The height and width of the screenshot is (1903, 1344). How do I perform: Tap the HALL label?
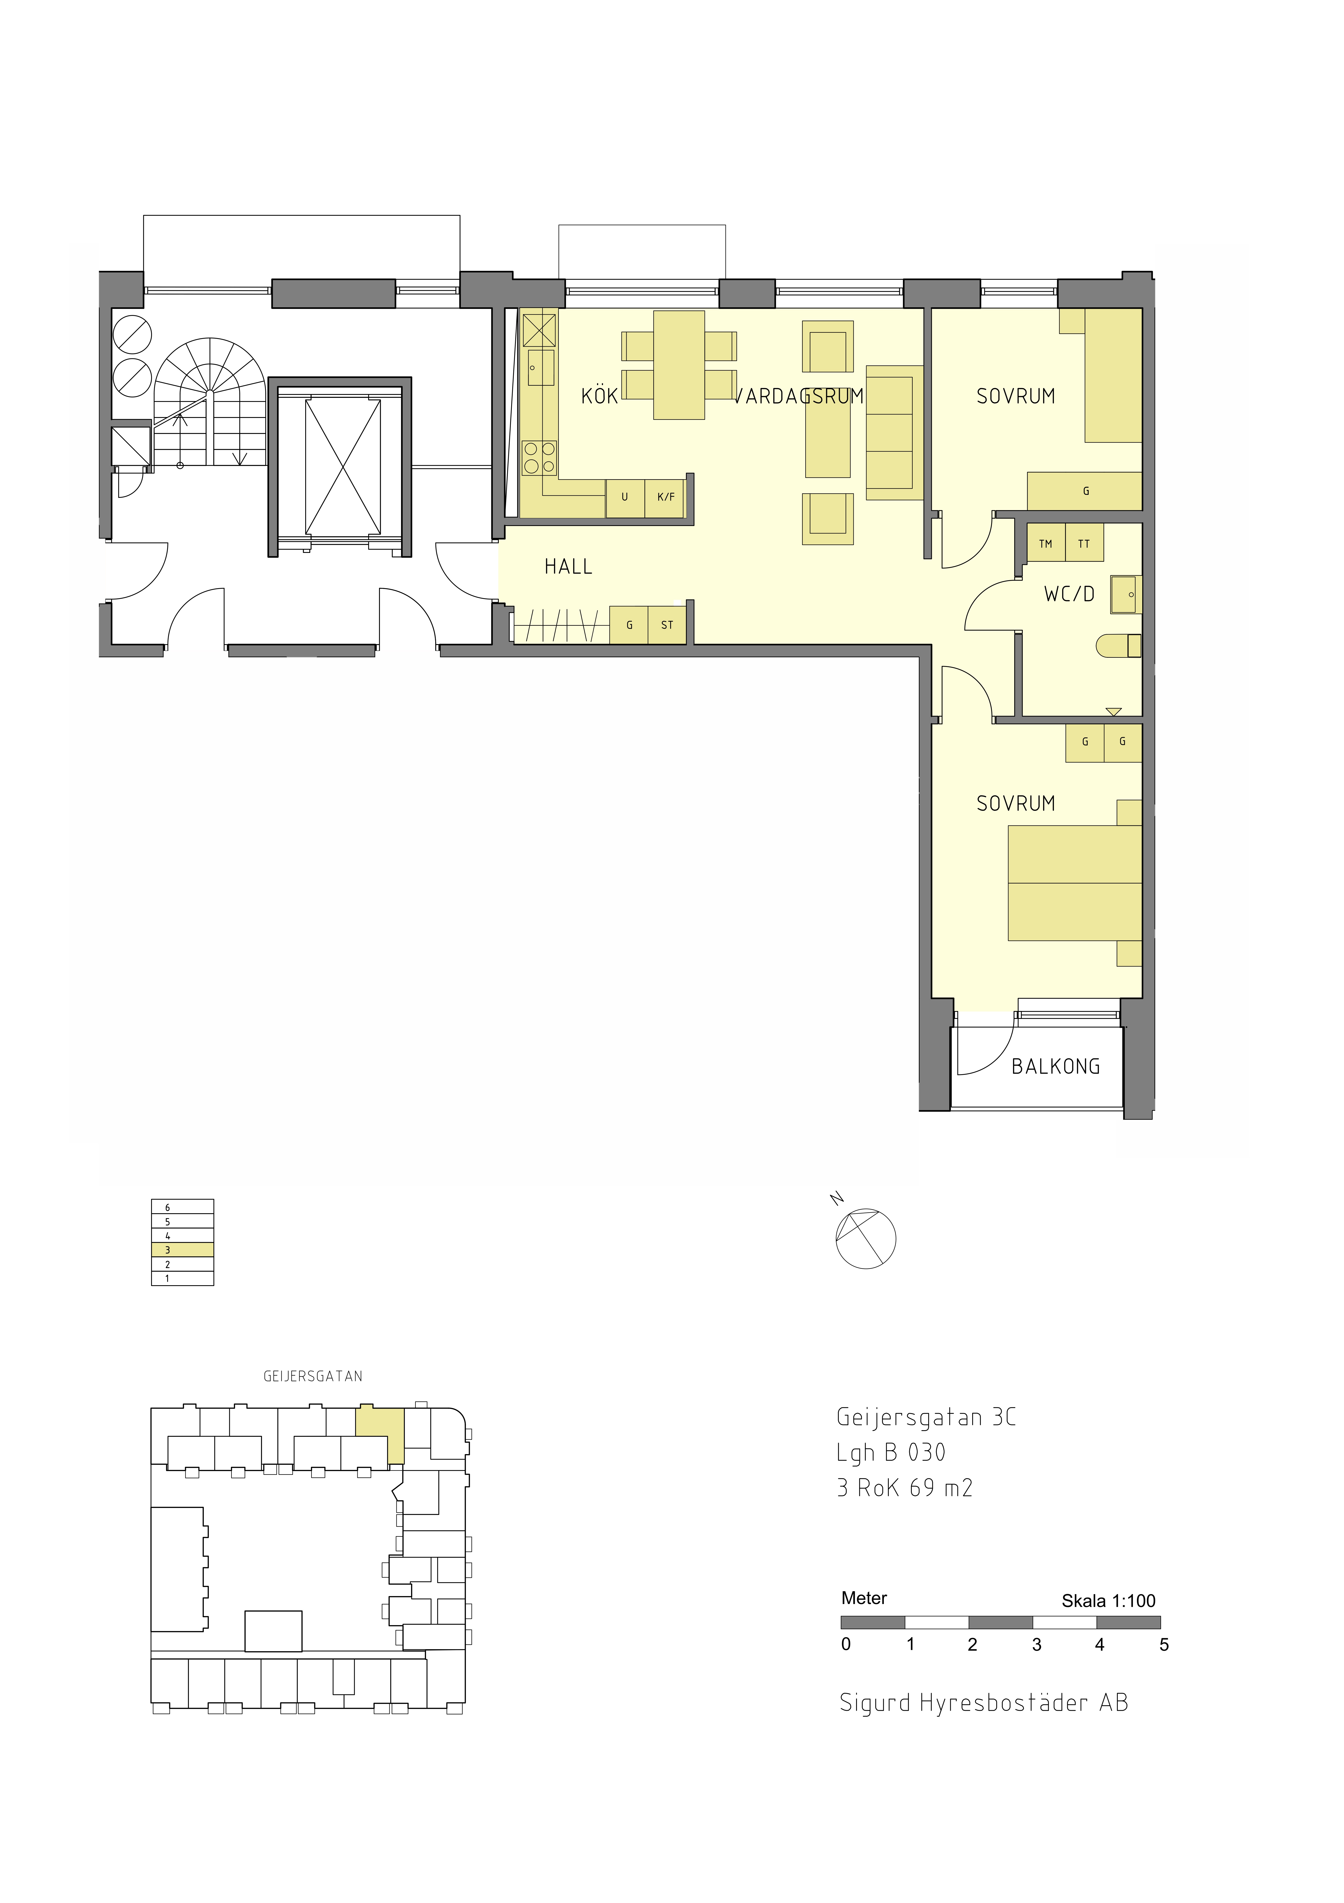click(568, 567)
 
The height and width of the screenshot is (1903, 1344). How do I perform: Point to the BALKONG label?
click(1056, 1067)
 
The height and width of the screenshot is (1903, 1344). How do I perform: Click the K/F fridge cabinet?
click(665, 497)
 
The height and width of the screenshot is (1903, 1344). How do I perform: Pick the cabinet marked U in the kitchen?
click(625, 497)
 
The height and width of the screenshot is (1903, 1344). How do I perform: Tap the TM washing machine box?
click(1046, 544)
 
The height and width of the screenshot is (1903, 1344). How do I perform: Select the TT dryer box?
click(1084, 544)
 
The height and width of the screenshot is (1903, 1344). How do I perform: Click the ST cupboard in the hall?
click(667, 625)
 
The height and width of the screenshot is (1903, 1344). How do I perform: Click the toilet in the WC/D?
click(1119, 646)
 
